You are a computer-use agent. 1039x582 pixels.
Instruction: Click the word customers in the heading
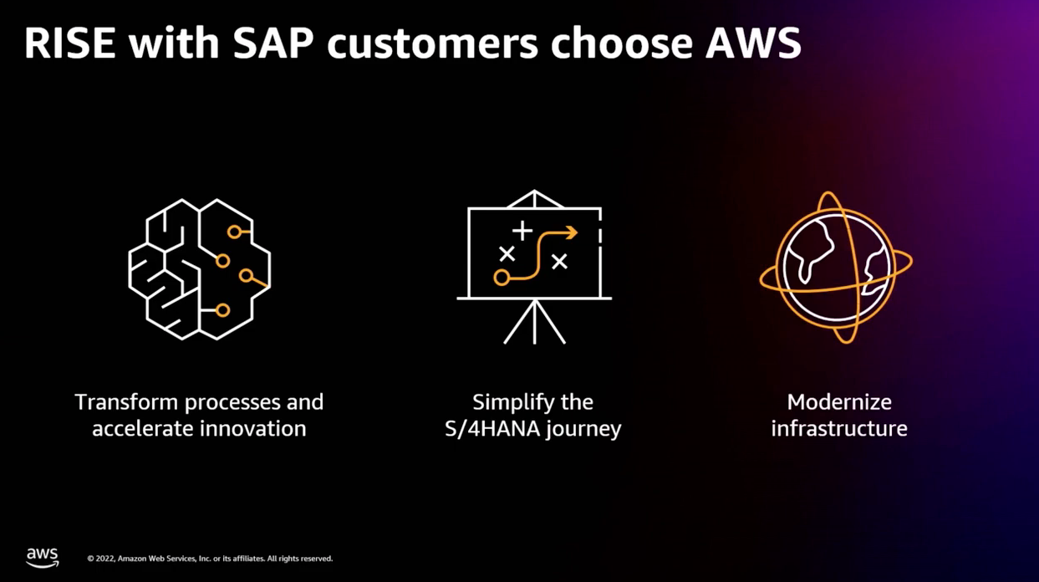click(x=432, y=44)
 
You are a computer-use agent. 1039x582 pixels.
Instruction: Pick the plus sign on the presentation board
click(x=522, y=229)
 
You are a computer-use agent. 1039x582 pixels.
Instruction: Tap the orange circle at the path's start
click(x=502, y=277)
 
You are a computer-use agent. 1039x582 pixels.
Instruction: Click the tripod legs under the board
click(x=534, y=322)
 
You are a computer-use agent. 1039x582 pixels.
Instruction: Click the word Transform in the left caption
click(x=126, y=402)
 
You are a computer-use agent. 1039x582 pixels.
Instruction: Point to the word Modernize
click(x=839, y=402)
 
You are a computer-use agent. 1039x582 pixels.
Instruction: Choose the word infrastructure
click(x=839, y=429)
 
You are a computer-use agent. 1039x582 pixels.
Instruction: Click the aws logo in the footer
click(x=43, y=557)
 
